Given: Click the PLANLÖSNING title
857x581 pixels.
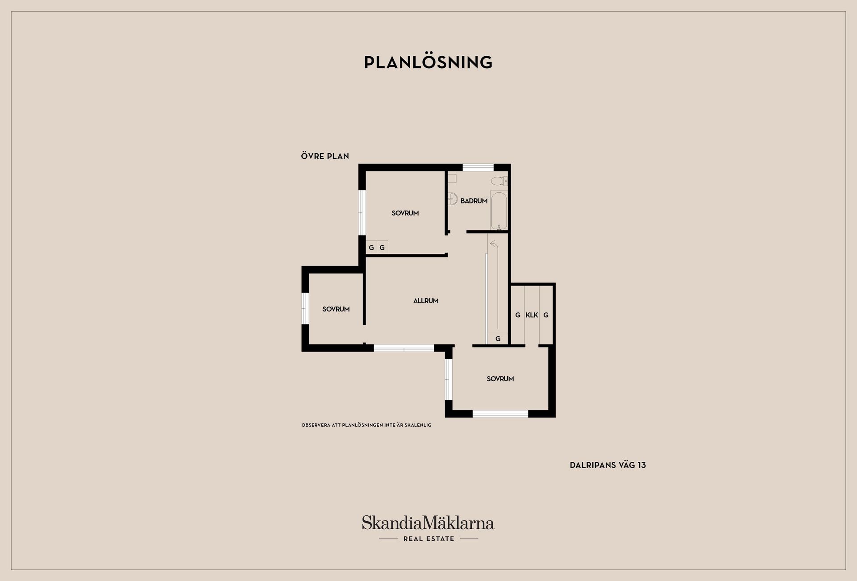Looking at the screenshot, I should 428,62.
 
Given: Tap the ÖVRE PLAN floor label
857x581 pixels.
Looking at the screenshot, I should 325,156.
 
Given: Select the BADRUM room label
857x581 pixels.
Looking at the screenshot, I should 474,201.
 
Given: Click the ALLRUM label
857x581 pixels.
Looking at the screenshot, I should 426,301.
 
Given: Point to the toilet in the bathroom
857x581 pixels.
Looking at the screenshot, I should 499,181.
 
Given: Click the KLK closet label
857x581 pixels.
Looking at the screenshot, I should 532,315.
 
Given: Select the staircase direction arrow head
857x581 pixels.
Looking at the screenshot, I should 493,244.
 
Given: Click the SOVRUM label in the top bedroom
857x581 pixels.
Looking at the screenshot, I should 405,213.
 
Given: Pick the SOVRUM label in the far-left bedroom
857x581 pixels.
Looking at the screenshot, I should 336,309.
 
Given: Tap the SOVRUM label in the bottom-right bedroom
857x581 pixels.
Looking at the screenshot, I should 500,379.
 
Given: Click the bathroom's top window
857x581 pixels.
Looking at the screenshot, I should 478,168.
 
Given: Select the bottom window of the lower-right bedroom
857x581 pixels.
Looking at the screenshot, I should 500,414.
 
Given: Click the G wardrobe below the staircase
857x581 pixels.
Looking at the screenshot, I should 498,339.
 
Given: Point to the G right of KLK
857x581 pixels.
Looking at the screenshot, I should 546,315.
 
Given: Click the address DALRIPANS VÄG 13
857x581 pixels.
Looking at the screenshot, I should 607,465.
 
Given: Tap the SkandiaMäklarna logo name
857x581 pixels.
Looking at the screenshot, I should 428,523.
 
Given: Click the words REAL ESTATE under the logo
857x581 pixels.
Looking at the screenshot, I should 428,539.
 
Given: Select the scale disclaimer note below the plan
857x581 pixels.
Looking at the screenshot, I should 366,425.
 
